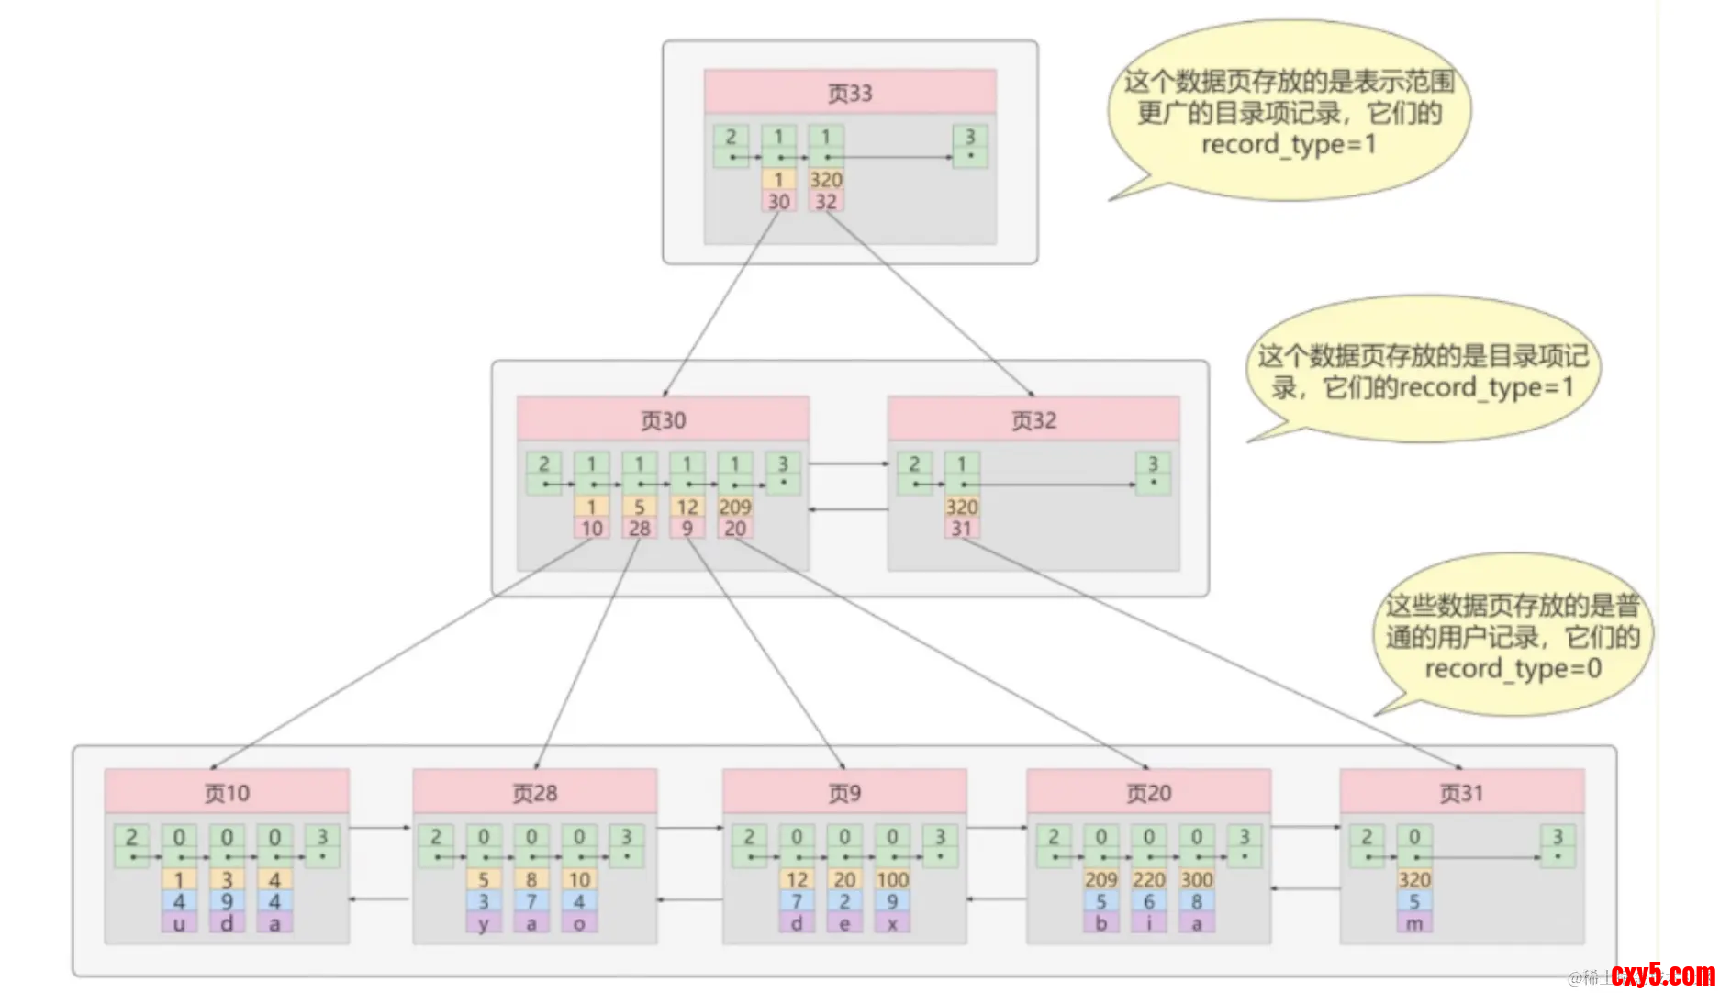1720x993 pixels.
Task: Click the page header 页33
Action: pyautogui.click(x=850, y=93)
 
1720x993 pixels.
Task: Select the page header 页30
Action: pyautogui.click(x=663, y=419)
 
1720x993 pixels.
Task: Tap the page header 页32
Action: pyautogui.click(x=1033, y=419)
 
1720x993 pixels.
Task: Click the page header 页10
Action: pyautogui.click(x=227, y=792)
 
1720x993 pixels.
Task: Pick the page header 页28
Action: pyautogui.click(x=534, y=792)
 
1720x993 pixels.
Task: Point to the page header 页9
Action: pyautogui.click(x=844, y=792)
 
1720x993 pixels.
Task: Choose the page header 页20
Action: pyautogui.click(x=1149, y=792)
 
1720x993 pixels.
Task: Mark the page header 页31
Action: pyautogui.click(x=1461, y=792)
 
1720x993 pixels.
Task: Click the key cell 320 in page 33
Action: pyautogui.click(x=826, y=180)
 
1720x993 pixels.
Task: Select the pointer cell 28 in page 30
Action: pyautogui.click(x=640, y=529)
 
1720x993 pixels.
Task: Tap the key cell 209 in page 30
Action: pyautogui.click(x=735, y=507)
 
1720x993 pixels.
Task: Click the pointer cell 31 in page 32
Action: pyautogui.click(x=961, y=529)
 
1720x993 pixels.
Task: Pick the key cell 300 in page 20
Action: pyautogui.click(x=1197, y=879)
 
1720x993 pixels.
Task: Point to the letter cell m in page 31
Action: pyautogui.click(x=1414, y=923)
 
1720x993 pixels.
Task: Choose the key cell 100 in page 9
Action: pyautogui.click(x=892, y=879)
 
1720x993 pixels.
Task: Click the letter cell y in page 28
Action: pyautogui.click(x=484, y=923)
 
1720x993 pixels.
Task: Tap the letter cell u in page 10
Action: pyautogui.click(x=179, y=923)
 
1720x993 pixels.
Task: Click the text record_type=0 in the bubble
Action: pyautogui.click(x=1513, y=668)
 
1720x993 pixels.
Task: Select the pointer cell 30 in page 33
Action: pyautogui.click(x=778, y=202)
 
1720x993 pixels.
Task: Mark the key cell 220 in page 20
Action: pyautogui.click(x=1149, y=879)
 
